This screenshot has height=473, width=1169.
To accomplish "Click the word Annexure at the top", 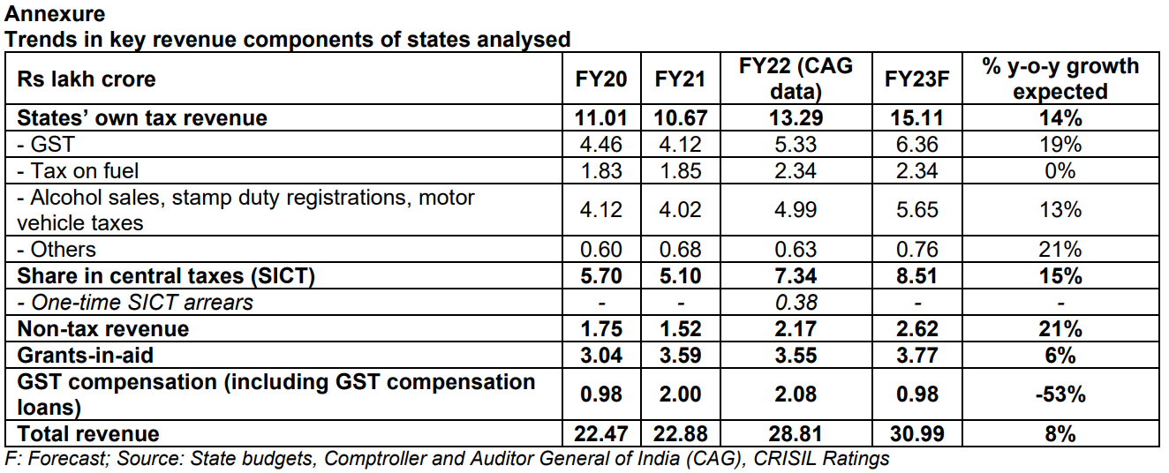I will (x=55, y=14).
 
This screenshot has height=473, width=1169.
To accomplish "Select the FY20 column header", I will (x=601, y=79).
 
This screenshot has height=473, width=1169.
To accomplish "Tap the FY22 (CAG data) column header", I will (x=797, y=79).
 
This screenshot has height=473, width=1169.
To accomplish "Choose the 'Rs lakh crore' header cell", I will (x=87, y=79).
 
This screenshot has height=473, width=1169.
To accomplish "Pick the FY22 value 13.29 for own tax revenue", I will (x=797, y=118).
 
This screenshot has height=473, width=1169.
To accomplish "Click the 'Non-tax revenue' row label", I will (x=103, y=329).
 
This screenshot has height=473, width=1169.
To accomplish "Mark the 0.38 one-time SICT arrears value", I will (x=797, y=303).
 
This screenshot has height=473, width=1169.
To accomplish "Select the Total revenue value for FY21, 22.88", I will (x=680, y=433).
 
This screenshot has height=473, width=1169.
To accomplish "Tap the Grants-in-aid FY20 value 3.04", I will (x=601, y=356).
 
